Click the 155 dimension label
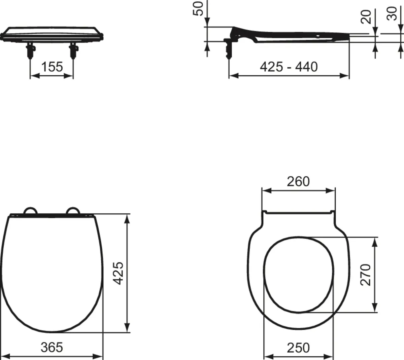click(52, 67)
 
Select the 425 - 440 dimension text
click(289, 67)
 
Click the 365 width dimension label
click(52, 347)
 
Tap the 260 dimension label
click(298, 182)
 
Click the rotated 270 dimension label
click(366, 275)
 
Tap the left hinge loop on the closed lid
click(30, 210)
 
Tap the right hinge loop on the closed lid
click(73, 210)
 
